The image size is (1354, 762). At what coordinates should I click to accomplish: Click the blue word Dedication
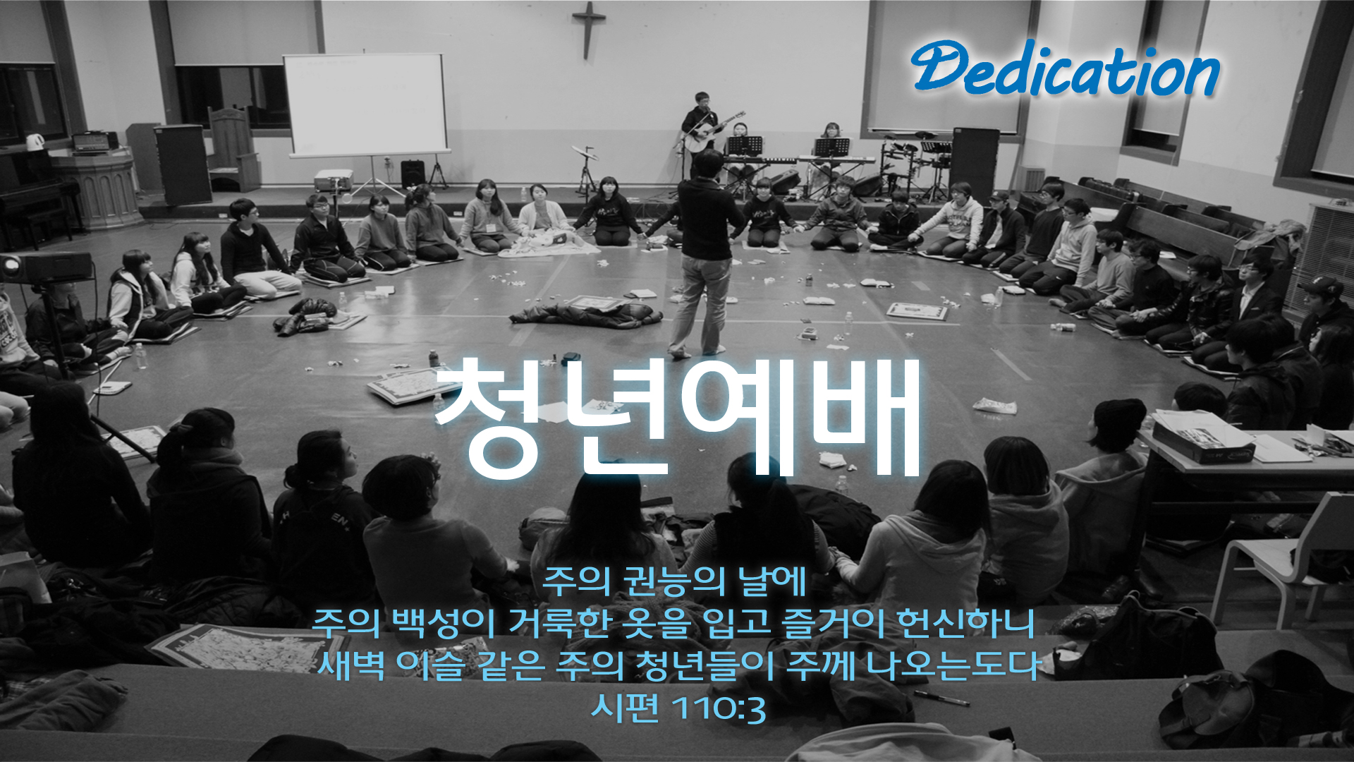point(1065,68)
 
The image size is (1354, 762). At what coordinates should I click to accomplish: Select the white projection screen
point(365,104)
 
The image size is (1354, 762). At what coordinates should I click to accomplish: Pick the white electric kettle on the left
point(35,142)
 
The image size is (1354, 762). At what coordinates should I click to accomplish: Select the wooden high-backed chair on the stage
point(233,149)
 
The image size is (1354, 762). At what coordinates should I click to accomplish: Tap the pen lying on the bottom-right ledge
point(941,698)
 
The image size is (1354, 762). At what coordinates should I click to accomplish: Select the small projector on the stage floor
point(333,180)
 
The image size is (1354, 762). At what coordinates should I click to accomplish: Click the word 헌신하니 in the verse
point(965,622)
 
